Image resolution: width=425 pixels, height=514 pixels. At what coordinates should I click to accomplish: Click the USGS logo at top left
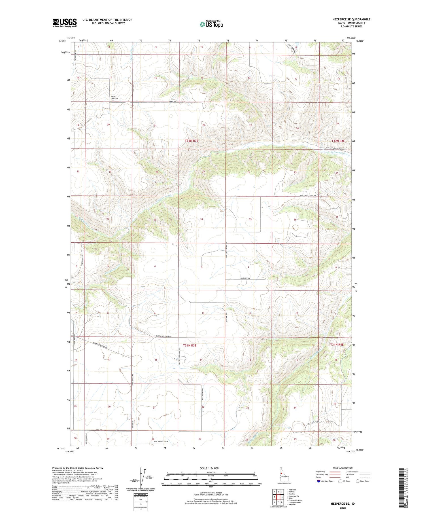65,23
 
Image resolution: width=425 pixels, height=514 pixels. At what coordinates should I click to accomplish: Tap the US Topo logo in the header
211,24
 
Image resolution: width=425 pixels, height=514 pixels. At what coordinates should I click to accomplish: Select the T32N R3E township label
192,141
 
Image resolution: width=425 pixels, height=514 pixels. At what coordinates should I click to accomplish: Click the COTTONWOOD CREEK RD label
335,149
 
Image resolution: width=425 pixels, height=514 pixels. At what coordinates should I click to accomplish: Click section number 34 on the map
201,219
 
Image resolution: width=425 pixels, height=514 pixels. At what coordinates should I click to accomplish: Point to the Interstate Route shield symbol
319,481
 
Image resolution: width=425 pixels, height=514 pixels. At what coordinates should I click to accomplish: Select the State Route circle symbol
358,481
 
